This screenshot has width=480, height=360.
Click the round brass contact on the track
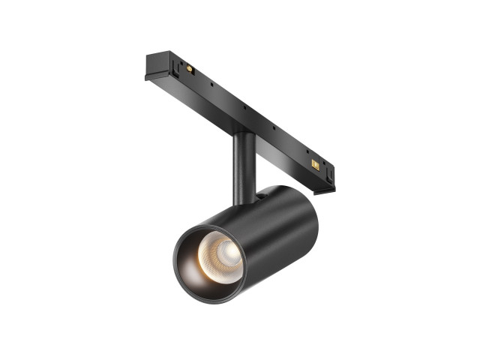click(x=188, y=69)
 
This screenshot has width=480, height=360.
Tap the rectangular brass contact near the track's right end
click(x=316, y=163)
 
